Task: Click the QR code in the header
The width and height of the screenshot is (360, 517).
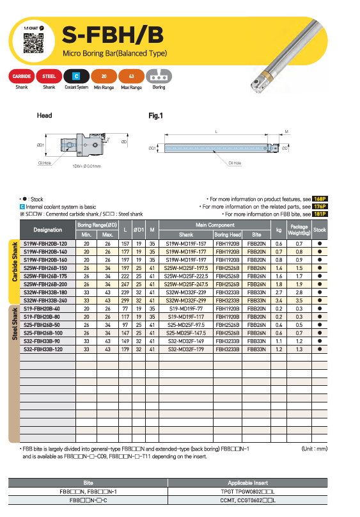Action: (33, 43)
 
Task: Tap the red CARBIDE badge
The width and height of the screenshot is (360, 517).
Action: (21, 76)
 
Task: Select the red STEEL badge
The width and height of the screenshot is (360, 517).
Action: (49, 76)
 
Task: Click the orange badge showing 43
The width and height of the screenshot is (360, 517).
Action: (131, 76)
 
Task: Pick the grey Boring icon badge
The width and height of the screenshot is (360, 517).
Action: (159, 76)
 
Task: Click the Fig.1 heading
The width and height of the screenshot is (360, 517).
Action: (155, 116)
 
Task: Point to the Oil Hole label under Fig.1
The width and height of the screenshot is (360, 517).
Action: (235, 163)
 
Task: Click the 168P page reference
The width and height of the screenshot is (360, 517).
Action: (320, 199)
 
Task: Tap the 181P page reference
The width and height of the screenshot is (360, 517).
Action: (320, 214)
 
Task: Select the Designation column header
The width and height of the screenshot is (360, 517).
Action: (48, 230)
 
